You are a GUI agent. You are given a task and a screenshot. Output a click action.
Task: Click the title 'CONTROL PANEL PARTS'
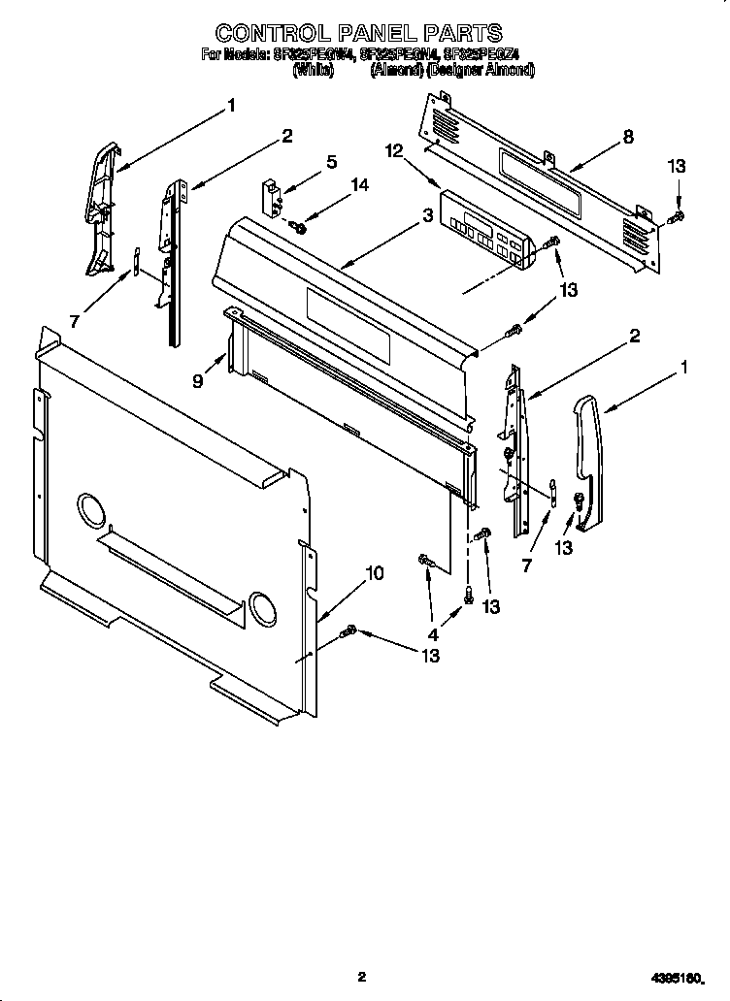[x=359, y=33]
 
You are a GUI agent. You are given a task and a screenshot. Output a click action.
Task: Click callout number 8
[x=628, y=137]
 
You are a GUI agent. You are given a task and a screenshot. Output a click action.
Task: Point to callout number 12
[x=393, y=150]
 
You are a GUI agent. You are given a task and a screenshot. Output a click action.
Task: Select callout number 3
[x=426, y=217]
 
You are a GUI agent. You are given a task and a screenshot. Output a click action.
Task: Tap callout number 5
[x=331, y=162]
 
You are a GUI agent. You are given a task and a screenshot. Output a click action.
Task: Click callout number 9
[x=197, y=381]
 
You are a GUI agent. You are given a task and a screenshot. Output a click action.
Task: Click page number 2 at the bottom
[x=360, y=976]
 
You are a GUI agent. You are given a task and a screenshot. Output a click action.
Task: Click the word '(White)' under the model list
[x=314, y=70]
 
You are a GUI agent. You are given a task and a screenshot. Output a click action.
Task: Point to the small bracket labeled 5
[x=272, y=195]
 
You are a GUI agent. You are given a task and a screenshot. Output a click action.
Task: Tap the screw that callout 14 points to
[x=298, y=228]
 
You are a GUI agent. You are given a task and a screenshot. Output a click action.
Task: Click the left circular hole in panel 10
[x=90, y=511]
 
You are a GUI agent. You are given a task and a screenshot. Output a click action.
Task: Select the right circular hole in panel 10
[x=262, y=606]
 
